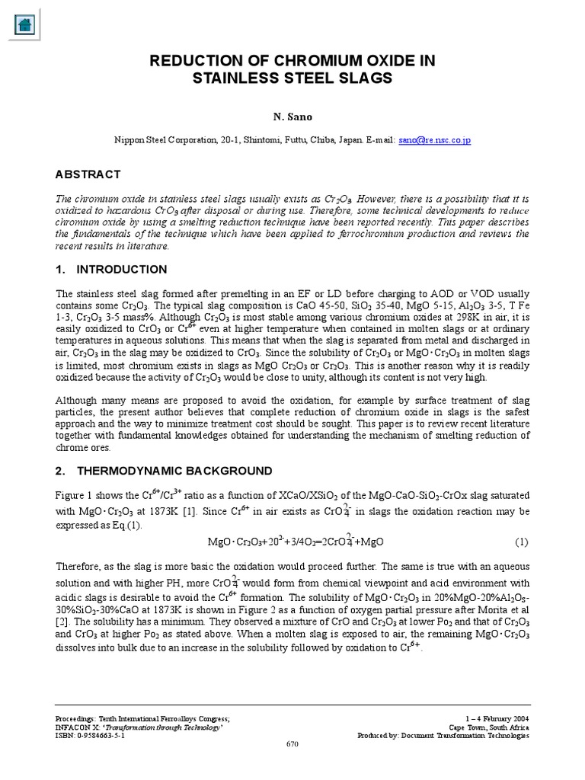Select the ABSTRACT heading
click(88, 174)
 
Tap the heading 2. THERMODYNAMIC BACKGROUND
click(164, 470)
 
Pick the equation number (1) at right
click(521, 542)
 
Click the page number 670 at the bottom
click(292, 743)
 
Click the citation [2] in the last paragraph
click(62, 622)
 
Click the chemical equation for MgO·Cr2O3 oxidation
click(296, 542)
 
